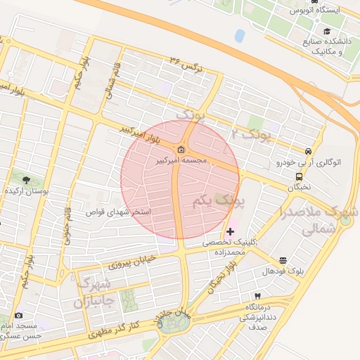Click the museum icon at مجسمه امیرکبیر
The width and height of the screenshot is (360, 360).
181,149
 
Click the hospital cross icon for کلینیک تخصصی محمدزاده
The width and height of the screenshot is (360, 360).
230,231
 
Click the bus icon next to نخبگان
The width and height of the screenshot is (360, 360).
300,176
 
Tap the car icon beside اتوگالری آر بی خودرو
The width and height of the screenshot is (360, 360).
308,151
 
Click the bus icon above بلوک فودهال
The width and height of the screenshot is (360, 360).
283,260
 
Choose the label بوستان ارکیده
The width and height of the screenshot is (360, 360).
27,191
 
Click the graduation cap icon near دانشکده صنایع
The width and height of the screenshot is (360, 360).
326,31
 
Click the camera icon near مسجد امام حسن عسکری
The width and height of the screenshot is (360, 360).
18,316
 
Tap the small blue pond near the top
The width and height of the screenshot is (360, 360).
240,35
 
